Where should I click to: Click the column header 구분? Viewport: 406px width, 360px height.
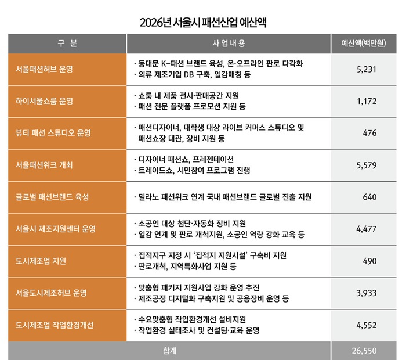point(67,44)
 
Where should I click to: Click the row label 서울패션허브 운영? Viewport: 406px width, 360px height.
point(45,69)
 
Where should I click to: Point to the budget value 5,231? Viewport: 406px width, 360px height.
point(367,69)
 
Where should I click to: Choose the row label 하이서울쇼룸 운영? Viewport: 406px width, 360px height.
point(45,101)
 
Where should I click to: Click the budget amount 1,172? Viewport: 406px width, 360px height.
point(367,101)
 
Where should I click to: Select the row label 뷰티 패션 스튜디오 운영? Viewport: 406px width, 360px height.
point(53,133)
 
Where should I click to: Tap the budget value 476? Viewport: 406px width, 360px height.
point(369,133)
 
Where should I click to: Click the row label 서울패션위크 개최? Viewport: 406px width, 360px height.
point(45,165)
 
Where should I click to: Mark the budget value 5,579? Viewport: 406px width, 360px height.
point(367,165)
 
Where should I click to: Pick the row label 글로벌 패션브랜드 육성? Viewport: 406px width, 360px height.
point(53,197)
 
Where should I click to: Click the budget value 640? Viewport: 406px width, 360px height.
point(369,197)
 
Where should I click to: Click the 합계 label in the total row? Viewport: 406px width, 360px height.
point(170,351)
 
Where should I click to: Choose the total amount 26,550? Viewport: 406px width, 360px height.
point(365,351)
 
